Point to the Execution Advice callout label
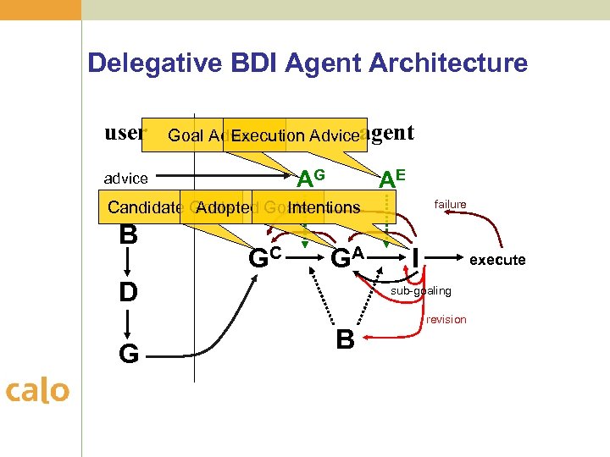(x=295, y=135)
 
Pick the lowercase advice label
(x=125, y=179)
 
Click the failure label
(x=450, y=205)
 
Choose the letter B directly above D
(x=128, y=234)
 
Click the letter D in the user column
(x=128, y=293)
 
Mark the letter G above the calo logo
(x=128, y=353)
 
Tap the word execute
(x=497, y=260)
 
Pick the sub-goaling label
(x=421, y=291)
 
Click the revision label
(x=446, y=319)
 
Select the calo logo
(x=37, y=390)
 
